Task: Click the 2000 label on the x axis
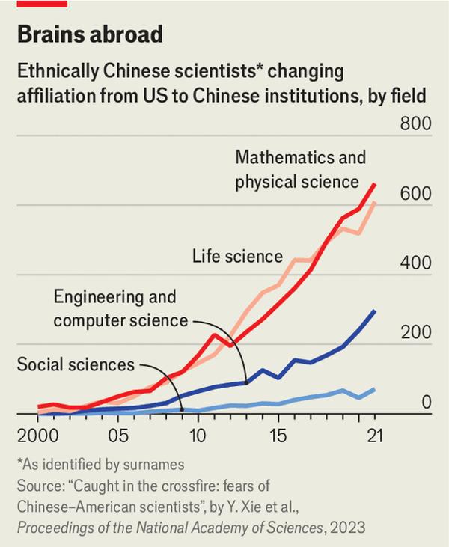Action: pyautogui.click(x=37, y=436)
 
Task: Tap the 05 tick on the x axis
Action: pyautogui.click(x=117, y=436)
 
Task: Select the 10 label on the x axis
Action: pyautogui.click(x=198, y=436)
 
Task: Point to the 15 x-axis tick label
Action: pyautogui.click(x=278, y=436)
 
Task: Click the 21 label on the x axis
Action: pyautogui.click(x=373, y=436)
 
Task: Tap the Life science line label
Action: pyautogui.click(x=237, y=257)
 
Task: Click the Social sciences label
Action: pyautogui.click(x=75, y=365)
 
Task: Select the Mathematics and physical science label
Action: pyautogui.click(x=300, y=170)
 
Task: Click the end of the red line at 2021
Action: pyautogui.click(x=375, y=184)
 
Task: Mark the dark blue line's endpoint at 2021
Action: pyautogui.click(x=375, y=311)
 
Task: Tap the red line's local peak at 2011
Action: pyautogui.click(x=214, y=334)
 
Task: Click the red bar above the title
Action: pyautogui.click(x=42, y=4)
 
